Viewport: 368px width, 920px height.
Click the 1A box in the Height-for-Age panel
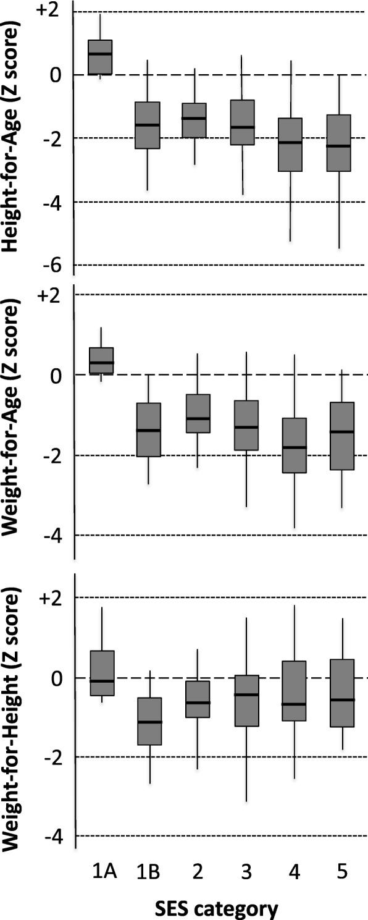click(x=100, y=57)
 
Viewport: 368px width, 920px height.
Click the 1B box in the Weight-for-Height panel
click(x=148, y=721)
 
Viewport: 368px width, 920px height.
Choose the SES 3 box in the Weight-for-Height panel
click(x=243, y=701)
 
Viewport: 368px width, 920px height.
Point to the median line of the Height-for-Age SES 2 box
click(x=196, y=118)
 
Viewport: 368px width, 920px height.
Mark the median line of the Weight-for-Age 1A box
click(x=101, y=363)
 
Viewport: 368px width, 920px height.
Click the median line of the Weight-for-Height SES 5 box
click(x=339, y=700)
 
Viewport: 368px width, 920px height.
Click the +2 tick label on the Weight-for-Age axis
click(x=51, y=295)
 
